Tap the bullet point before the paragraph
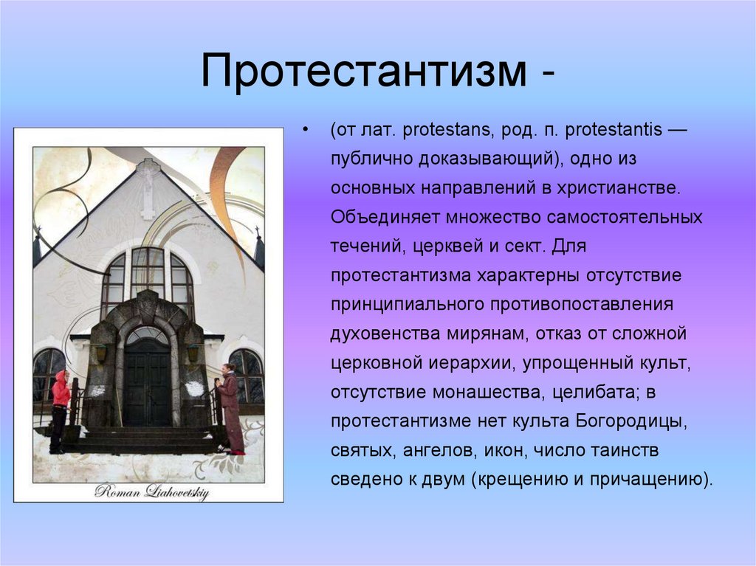point(305,131)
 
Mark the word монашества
point(487,391)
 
